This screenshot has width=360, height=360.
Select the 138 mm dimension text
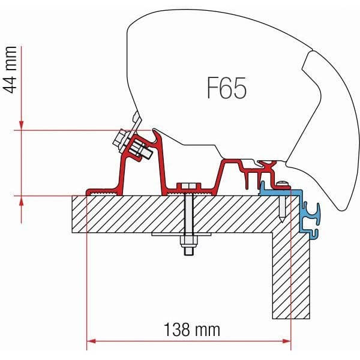[191, 329]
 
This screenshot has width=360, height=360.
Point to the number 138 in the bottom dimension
[178, 329]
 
